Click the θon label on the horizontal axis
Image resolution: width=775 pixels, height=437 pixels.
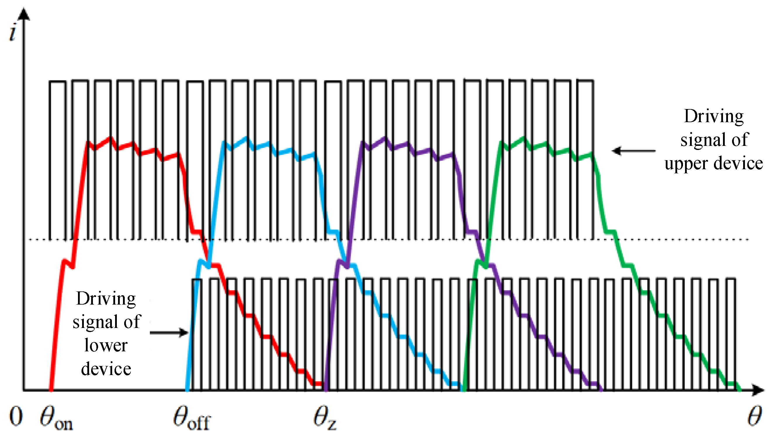tap(56, 418)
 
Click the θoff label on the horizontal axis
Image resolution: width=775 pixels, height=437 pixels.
tap(192, 418)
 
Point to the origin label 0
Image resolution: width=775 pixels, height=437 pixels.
tap(16, 416)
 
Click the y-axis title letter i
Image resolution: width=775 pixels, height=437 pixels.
tap(12, 33)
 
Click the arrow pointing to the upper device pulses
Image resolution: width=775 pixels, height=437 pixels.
tap(633, 151)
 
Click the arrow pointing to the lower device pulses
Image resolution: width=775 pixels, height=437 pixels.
tap(169, 333)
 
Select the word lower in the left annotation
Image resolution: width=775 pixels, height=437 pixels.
tap(106, 345)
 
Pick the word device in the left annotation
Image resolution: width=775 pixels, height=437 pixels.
tap(106, 369)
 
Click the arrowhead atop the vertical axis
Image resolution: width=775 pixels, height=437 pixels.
tap(24, 13)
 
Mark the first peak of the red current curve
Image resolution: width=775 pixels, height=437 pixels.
tap(88, 143)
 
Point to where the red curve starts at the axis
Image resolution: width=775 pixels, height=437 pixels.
tap(51, 390)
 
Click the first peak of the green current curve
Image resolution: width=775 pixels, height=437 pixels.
tap(501, 143)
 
